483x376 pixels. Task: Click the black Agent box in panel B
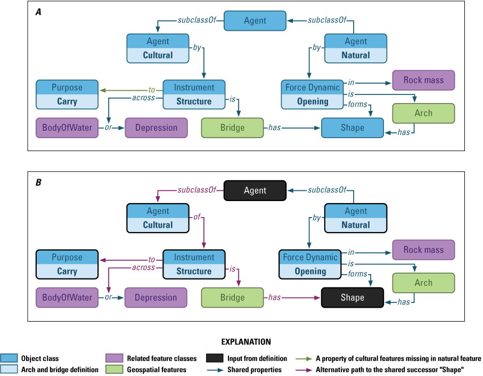[x=255, y=190]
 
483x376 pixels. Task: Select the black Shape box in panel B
[x=353, y=298]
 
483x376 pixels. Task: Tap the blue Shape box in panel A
[x=353, y=128]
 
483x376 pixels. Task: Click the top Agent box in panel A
[x=255, y=21]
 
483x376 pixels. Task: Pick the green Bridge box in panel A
[x=232, y=128]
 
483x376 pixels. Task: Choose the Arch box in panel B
[x=423, y=283]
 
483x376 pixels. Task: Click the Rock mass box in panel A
[x=423, y=81]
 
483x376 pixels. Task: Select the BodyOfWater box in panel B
[x=67, y=298]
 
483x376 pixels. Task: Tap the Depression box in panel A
[x=156, y=128]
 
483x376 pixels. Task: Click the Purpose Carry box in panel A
[x=67, y=94]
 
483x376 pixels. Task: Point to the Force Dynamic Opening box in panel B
[x=310, y=264]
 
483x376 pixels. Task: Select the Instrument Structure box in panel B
[x=194, y=264]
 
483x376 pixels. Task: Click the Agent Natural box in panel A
[x=356, y=48]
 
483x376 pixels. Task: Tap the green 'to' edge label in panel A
[x=152, y=90]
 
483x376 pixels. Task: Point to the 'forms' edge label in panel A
[x=357, y=105]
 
